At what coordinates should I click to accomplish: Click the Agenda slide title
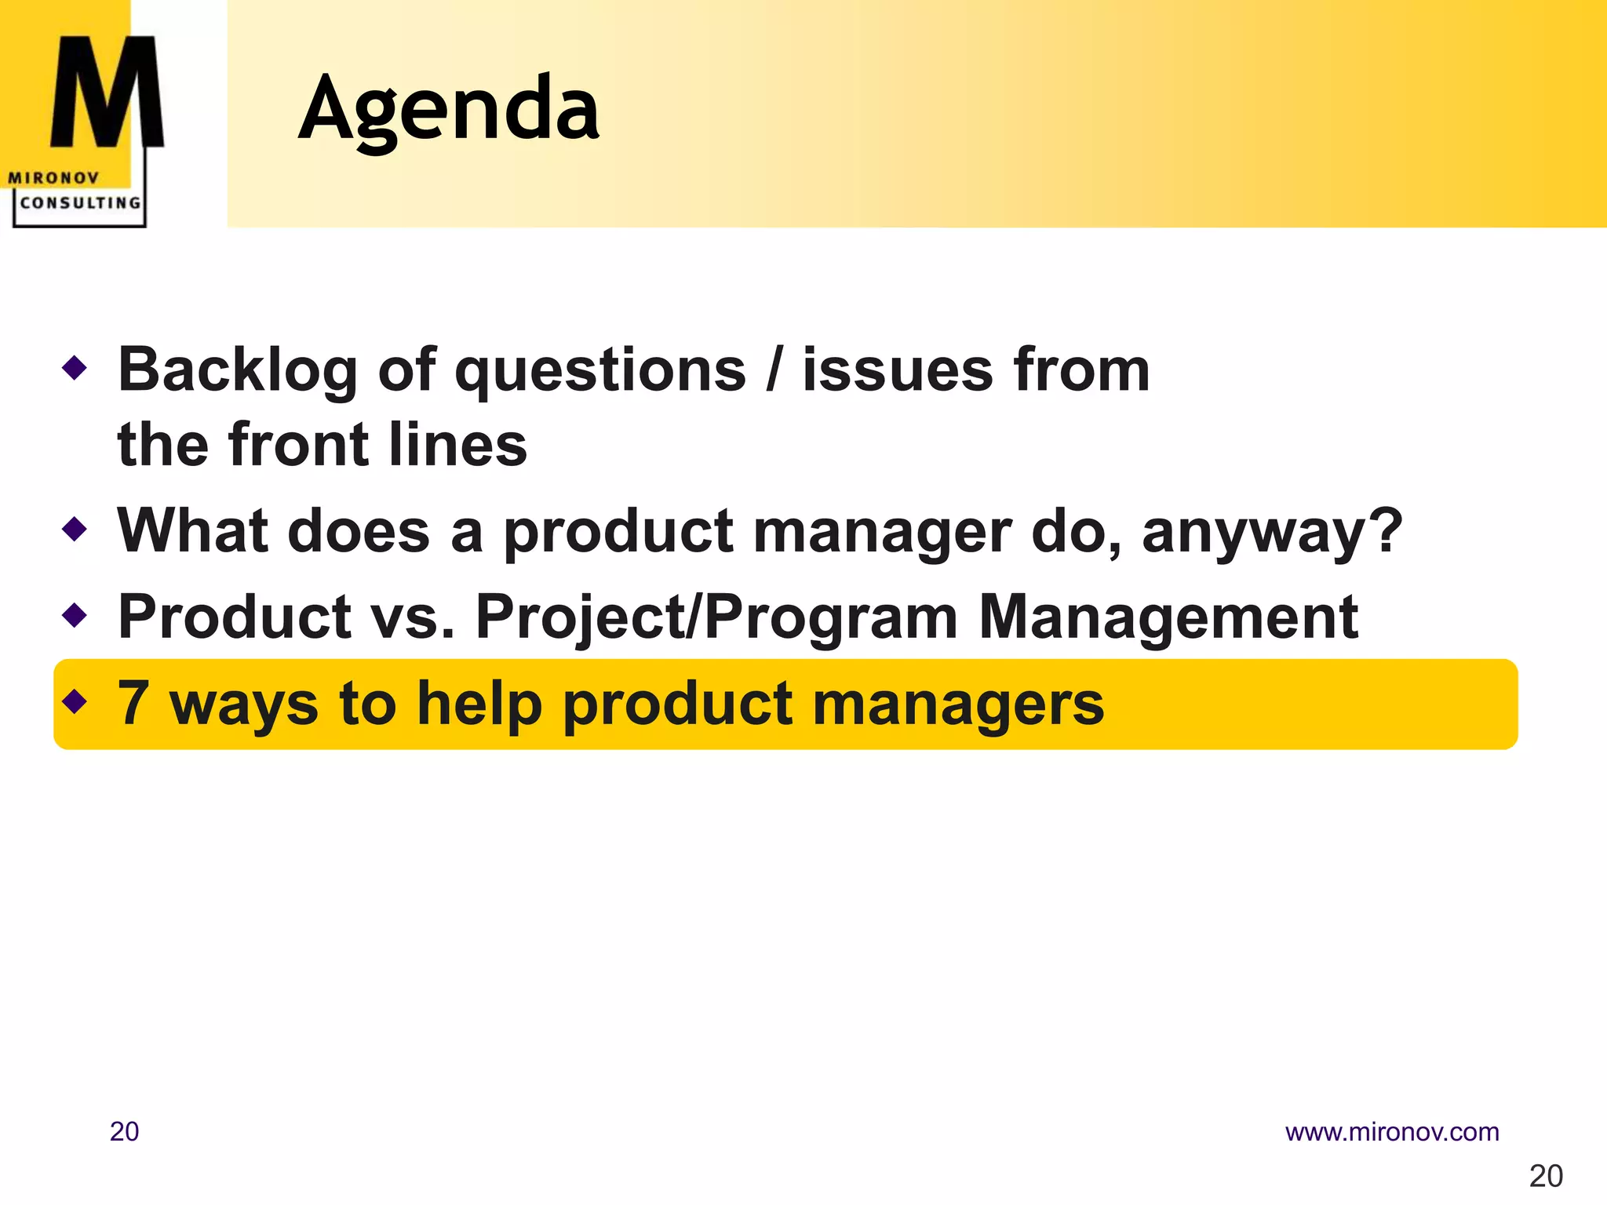[449, 110]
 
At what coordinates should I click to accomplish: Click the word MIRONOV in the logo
[53, 178]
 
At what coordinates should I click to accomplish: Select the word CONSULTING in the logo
[80, 203]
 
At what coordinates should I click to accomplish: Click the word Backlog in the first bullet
[237, 370]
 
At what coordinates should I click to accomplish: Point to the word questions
[600, 370]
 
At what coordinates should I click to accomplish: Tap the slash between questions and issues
[774, 370]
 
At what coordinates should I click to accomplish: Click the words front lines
[378, 445]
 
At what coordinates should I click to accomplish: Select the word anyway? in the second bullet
[1271, 532]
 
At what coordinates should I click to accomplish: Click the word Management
[1168, 617]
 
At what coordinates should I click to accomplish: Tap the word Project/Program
[716, 617]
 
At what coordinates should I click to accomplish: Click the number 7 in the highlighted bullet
[133, 702]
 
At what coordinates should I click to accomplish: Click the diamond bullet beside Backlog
[75, 367]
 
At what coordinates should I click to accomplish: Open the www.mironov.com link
[1391, 1132]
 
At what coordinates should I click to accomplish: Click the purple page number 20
[124, 1132]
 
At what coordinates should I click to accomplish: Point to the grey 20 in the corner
[1546, 1176]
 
